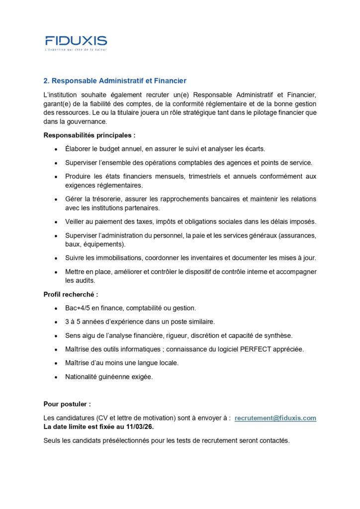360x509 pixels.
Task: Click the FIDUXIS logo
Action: [76, 40]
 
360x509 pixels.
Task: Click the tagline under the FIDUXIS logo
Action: [76, 50]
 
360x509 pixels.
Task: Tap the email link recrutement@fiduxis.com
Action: [275, 418]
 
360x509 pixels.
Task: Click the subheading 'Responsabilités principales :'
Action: [90, 135]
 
